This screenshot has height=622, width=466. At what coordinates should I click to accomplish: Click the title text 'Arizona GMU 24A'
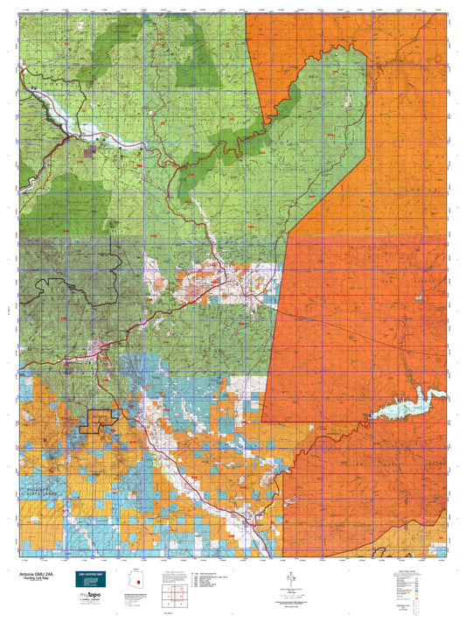pos(40,574)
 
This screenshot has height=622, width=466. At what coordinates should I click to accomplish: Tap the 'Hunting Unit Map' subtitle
pos(40,579)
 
